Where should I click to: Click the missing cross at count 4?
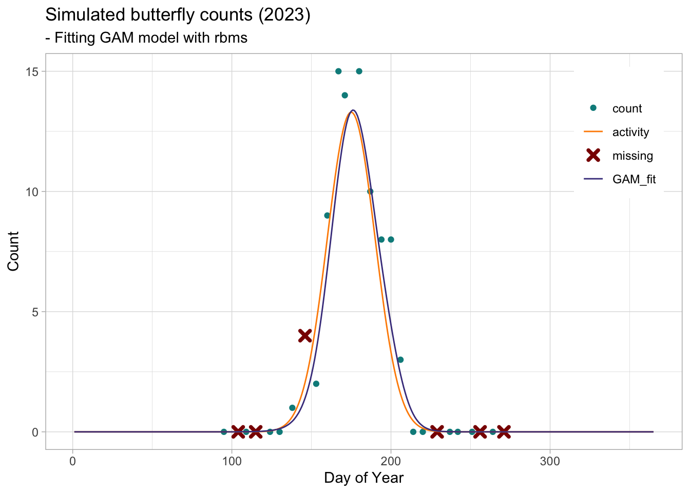[x=305, y=335]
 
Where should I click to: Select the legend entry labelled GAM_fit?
[x=634, y=180]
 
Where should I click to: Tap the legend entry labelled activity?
[x=630, y=132]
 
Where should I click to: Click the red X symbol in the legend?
[x=593, y=156]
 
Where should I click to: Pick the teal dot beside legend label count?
[x=593, y=108]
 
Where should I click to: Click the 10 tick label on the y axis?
[x=32, y=192]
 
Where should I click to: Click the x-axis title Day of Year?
[x=363, y=479]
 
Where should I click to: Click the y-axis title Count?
[x=13, y=251]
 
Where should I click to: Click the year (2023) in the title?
[x=284, y=15]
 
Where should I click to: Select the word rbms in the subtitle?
[x=231, y=38]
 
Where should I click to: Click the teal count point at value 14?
[x=344, y=95]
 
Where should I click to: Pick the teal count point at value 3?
[x=400, y=359]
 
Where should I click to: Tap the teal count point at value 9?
[x=327, y=215]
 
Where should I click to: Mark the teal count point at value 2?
[x=316, y=384]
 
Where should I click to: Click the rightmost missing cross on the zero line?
[x=504, y=431]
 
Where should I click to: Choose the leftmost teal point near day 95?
[x=224, y=431]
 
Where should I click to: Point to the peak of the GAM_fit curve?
[x=353, y=110]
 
